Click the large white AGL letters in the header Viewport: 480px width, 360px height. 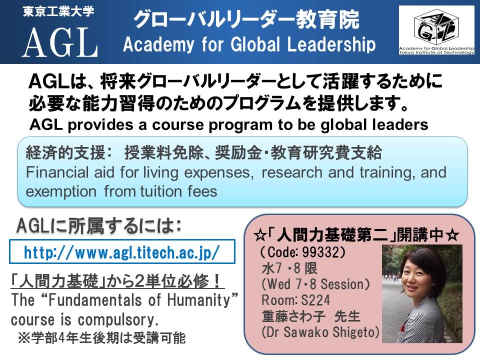(60, 42)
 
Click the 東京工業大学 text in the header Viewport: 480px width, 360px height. (58, 11)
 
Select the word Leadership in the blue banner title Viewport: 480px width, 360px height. (331, 44)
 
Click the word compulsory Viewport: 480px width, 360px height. (118, 320)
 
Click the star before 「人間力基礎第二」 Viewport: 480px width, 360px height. (260, 235)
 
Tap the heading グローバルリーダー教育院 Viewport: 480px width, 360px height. (246, 20)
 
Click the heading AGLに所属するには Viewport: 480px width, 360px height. (98, 226)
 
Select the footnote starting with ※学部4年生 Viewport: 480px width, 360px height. (102, 338)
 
